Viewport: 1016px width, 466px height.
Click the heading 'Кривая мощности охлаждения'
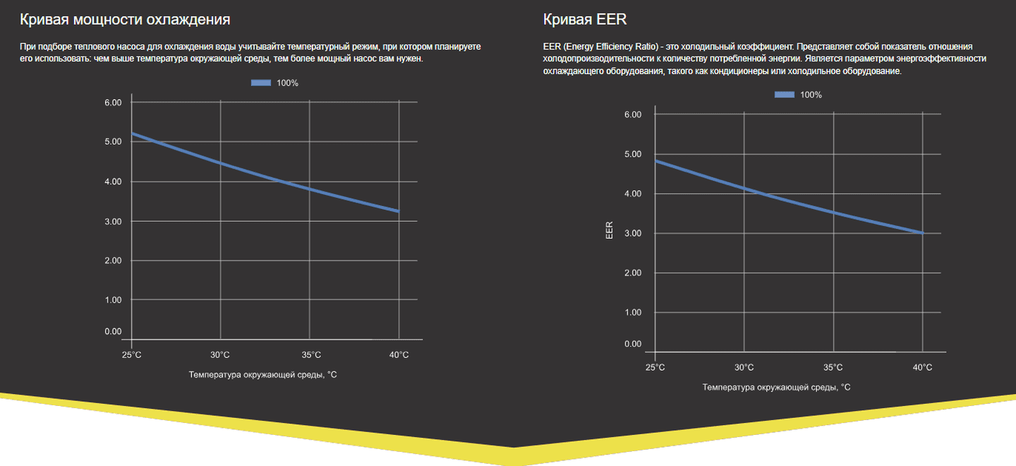pos(125,19)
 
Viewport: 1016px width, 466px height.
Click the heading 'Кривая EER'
pos(585,19)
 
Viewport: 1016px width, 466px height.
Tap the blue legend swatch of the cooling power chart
pos(261,83)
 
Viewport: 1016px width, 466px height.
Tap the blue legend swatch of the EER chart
pos(785,95)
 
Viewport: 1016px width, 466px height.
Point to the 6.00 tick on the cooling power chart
pos(113,102)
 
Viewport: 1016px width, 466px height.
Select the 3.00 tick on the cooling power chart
pos(113,222)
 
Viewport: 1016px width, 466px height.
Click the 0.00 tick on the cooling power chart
pos(113,331)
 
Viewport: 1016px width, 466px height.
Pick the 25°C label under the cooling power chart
pos(131,355)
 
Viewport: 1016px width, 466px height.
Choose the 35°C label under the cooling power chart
pos(310,355)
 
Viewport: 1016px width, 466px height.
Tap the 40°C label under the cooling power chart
pos(399,355)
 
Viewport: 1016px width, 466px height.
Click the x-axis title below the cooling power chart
pos(262,375)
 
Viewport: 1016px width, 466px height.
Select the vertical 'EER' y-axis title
pos(610,230)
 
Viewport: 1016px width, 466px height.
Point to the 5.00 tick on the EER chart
pos(632,154)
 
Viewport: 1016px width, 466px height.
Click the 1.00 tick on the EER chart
pos(632,312)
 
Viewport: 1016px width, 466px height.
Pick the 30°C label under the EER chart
pos(744,367)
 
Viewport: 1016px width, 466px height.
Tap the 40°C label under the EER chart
pos(922,367)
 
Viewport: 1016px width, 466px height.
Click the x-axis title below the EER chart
pos(776,387)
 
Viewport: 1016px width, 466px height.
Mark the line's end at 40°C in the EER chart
pos(922,233)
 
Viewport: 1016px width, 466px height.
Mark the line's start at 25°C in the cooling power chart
pos(132,133)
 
